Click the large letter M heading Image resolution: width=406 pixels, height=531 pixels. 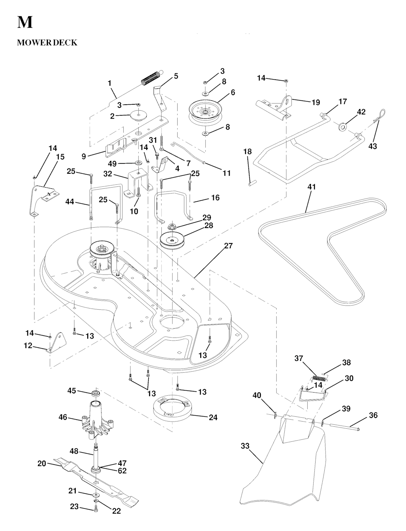pos(25,22)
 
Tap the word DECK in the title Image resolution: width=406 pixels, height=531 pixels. pos(65,42)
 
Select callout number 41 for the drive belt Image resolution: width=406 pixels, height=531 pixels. pos(312,187)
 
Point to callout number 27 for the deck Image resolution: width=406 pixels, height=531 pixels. pos(228,246)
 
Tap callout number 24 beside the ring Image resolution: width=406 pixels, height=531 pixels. pos(213,418)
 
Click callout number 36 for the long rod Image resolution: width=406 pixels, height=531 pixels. pos(373,415)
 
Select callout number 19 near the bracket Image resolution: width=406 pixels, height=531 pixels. pos(316,102)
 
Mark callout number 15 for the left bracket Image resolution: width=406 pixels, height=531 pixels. pos(60,157)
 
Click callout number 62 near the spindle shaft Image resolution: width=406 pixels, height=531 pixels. pos(122,471)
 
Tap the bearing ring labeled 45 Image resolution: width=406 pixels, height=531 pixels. pos(95,393)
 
